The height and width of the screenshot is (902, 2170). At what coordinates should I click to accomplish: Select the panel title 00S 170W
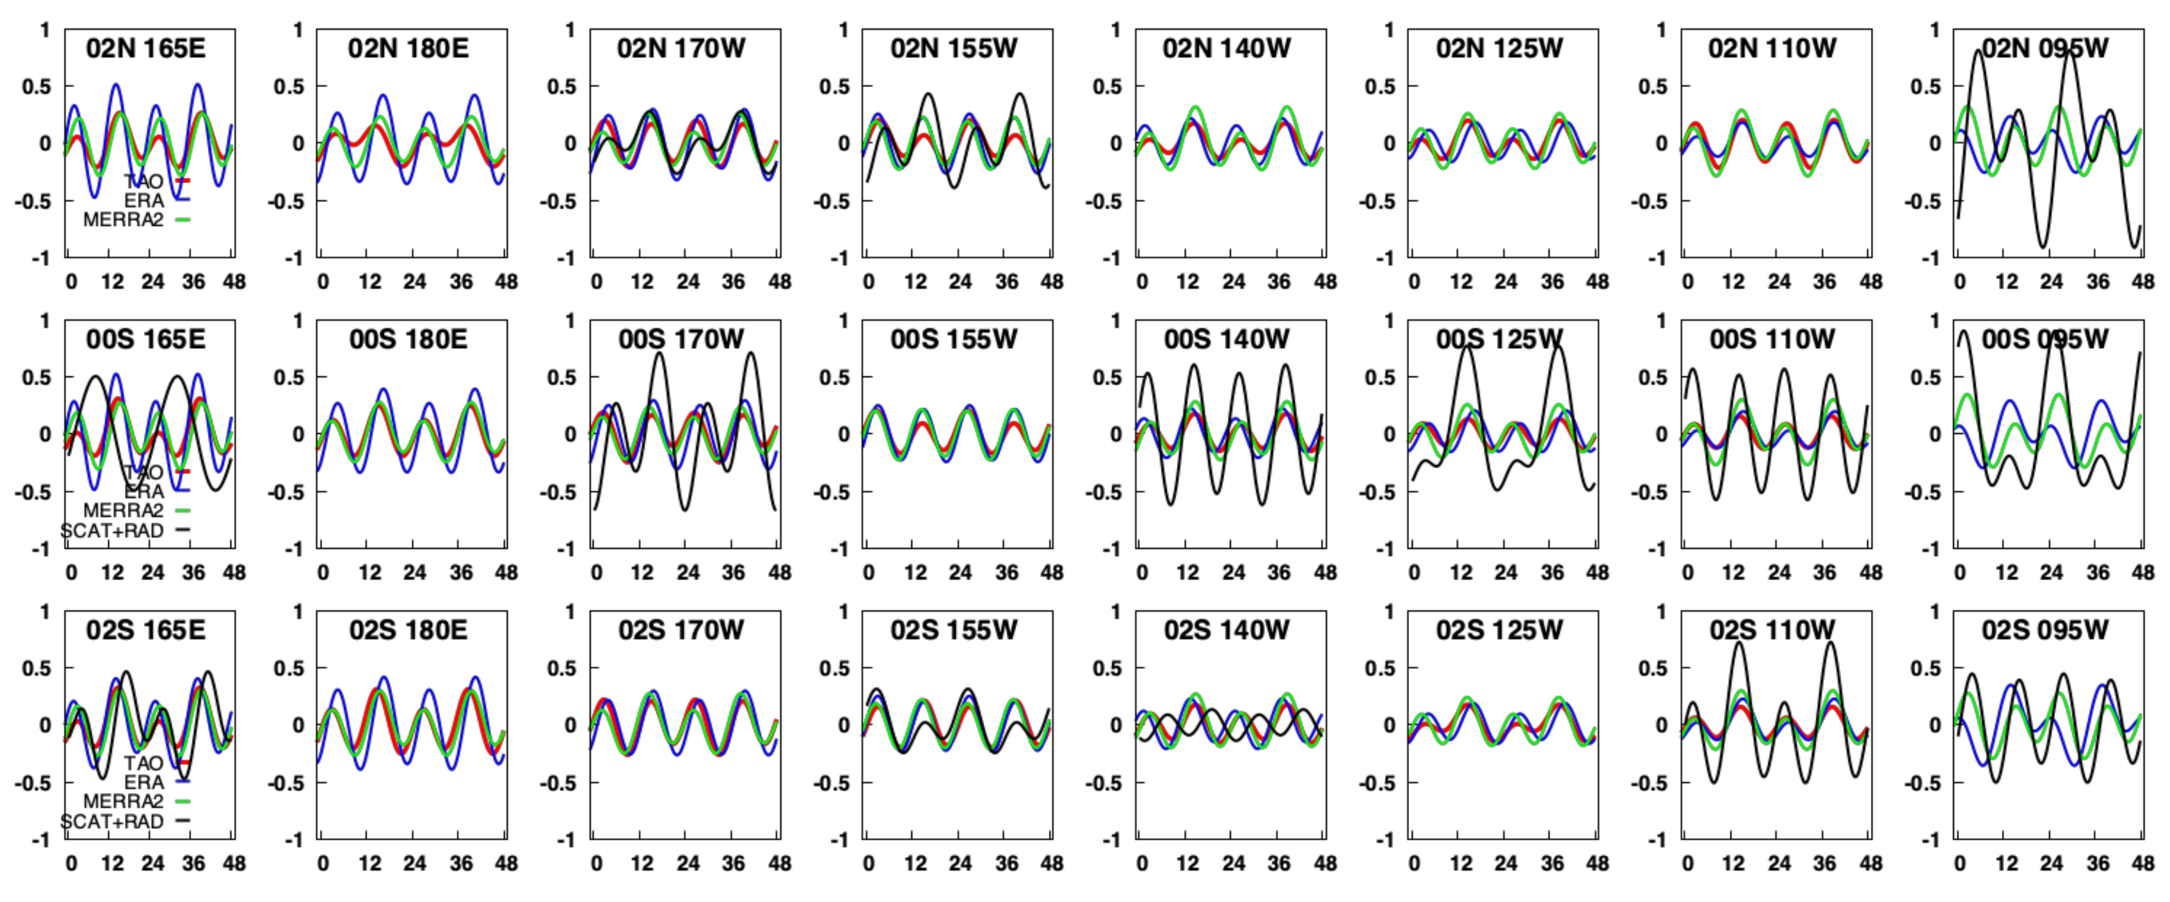(x=680, y=339)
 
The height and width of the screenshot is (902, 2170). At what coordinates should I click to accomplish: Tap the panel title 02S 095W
(x=2044, y=630)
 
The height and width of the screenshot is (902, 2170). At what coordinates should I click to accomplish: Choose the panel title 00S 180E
(x=409, y=339)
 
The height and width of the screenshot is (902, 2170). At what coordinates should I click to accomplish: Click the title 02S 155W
(x=954, y=630)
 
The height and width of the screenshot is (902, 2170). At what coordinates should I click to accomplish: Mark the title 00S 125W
(x=1500, y=339)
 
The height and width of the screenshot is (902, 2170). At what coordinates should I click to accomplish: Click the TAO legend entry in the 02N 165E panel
(x=144, y=181)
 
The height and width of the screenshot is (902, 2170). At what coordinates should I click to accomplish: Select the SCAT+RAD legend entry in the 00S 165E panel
(x=112, y=530)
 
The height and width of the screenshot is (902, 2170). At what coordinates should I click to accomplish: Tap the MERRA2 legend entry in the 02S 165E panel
(x=124, y=801)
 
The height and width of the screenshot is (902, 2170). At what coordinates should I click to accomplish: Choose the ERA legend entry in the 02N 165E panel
(x=144, y=201)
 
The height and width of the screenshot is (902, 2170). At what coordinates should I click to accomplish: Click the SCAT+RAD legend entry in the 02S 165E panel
(x=112, y=821)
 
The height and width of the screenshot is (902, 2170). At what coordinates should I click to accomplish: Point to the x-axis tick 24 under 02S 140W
(x=1233, y=864)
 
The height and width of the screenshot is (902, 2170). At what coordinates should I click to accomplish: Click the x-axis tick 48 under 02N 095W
(x=2143, y=281)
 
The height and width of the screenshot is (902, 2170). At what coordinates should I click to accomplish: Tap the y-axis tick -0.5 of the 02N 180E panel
(x=287, y=201)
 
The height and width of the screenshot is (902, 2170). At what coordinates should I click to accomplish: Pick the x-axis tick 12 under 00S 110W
(x=1733, y=573)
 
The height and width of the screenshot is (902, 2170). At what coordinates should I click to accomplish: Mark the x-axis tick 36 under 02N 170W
(x=733, y=281)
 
